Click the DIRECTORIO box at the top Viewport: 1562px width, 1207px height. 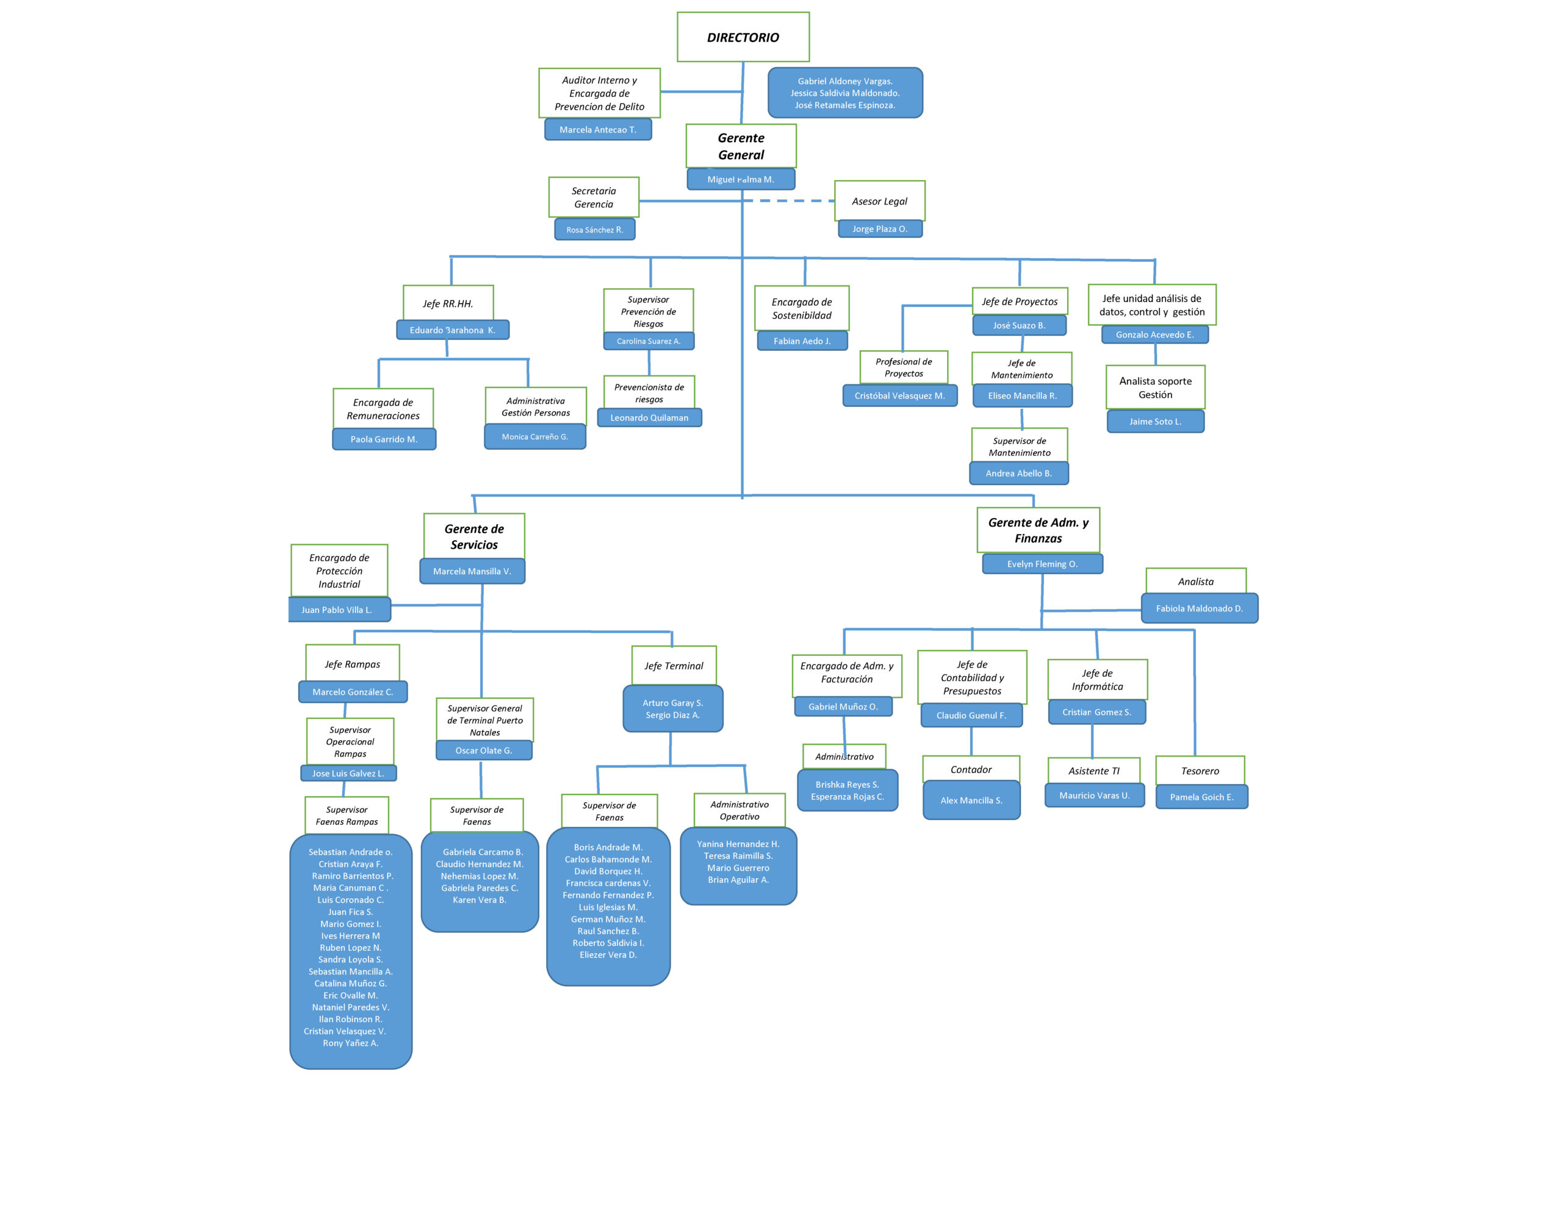click(x=743, y=37)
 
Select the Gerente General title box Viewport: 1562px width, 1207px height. click(x=741, y=146)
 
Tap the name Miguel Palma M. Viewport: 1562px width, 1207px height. click(x=740, y=179)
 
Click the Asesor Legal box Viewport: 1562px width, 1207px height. click(x=879, y=201)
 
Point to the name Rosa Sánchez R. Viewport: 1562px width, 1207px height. click(x=594, y=229)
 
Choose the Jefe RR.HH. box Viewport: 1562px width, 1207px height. click(x=448, y=303)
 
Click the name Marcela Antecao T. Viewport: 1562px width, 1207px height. click(x=597, y=129)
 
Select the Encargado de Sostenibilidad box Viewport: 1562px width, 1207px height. click(x=801, y=308)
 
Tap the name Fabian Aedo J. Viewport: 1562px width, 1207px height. click(x=802, y=341)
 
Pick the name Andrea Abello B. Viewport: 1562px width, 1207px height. click(x=1018, y=473)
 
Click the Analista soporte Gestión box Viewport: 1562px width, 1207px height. click(x=1155, y=387)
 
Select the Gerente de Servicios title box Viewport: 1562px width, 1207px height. click(x=473, y=536)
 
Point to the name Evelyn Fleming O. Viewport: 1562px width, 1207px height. click(x=1042, y=564)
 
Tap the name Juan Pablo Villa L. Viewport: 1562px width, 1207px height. click(x=337, y=610)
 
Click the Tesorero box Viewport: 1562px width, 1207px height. click(x=1200, y=771)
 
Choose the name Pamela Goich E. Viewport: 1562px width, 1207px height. click(x=1201, y=797)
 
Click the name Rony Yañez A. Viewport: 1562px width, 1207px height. click(x=350, y=1043)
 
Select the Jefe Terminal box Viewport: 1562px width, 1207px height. click(x=674, y=665)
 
